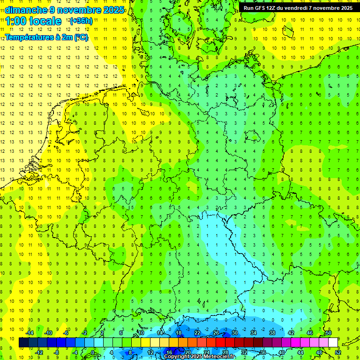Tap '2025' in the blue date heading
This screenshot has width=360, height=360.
(112, 10)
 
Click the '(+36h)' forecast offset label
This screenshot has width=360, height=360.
(81, 21)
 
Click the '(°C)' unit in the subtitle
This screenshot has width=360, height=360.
(81, 37)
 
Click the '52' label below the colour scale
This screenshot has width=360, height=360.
(338, 352)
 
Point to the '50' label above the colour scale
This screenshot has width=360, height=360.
(329, 333)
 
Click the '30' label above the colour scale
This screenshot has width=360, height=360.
(235, 333)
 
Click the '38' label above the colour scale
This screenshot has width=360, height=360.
(272, 333)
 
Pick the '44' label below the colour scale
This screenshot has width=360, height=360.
(300, 352)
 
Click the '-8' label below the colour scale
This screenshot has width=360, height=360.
(57, 352)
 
